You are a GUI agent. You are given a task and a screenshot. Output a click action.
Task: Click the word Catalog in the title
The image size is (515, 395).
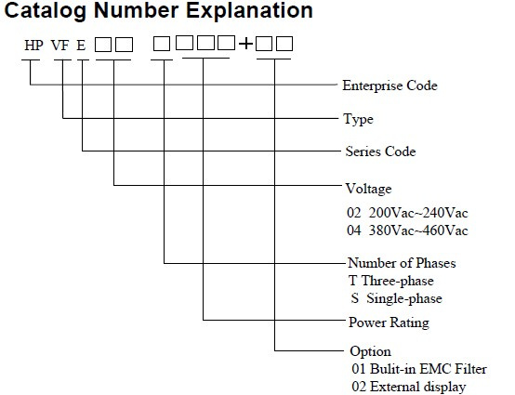pos(46,11)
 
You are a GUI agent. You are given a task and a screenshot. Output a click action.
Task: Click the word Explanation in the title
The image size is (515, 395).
pos(249,10)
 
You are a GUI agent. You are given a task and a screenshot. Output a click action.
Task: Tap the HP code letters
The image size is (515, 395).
pos(33,46)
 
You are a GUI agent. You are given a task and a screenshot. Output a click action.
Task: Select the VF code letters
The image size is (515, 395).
pos(60,46)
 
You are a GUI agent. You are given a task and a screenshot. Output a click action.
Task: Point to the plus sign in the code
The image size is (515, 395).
pos(245,44)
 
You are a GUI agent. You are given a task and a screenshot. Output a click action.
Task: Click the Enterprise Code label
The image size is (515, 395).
pos(390,86)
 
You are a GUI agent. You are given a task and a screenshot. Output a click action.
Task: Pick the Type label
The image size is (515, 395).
pos(358,119)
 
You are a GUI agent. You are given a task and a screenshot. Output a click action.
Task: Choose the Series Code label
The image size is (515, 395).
pos(380,151)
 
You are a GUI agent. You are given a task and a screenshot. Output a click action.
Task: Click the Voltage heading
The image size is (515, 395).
pos(368,189)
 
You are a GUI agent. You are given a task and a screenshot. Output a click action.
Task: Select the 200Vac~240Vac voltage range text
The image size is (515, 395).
pos(418,213)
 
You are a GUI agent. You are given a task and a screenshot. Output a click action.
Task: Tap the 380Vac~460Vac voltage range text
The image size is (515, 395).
pos(418,230)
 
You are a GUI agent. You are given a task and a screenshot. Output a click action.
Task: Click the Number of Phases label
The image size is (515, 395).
pos(402,263)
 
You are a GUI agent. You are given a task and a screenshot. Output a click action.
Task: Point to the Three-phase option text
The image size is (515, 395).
pos(398,281)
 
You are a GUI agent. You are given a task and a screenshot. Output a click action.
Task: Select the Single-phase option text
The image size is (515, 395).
pos(404,298)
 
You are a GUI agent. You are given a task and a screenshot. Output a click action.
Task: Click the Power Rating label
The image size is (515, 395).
pos(389,323)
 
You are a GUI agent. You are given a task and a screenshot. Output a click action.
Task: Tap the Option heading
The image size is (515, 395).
pos(371,351)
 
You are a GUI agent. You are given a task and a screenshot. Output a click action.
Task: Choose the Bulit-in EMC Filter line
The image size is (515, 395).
pos(419,369)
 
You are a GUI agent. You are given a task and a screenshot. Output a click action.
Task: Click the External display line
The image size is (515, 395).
pos(409,387)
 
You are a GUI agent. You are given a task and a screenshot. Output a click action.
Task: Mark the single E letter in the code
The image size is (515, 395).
pos(81,46)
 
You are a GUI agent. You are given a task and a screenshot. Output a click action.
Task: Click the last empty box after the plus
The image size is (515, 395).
pos(284,44)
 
